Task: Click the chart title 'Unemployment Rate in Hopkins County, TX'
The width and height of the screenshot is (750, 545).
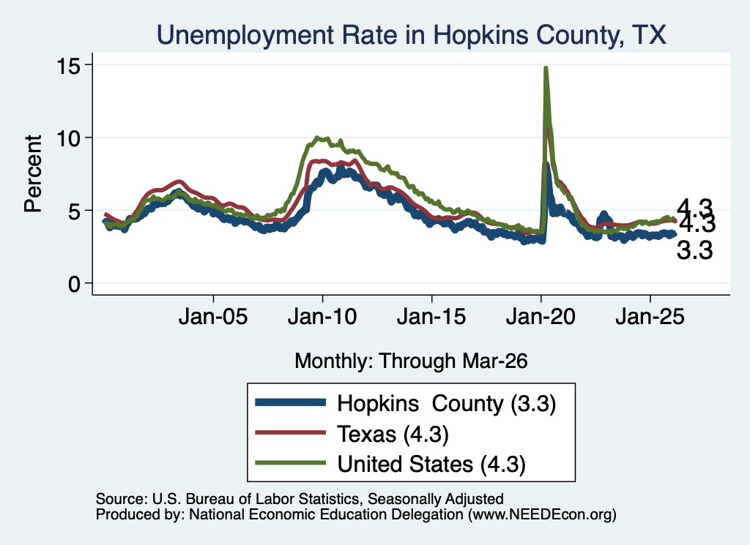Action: [412, 35]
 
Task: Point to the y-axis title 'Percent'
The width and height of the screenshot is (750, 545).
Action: [34, 173]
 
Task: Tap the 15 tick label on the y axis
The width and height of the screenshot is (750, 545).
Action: [67, 65]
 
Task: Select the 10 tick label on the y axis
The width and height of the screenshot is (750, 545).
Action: [67, 138]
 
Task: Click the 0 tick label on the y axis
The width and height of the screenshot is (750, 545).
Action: [74, 284]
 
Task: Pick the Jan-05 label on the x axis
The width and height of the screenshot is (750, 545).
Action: [213, 317]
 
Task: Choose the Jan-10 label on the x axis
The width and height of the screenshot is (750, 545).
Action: [322, 317]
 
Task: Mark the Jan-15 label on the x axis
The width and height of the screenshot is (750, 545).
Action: [431, 317]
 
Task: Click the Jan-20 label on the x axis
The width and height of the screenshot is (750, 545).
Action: [541, 317]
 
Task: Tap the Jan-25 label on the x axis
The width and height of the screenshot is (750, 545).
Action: [650, 317]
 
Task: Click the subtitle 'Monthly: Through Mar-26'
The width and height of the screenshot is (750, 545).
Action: [411, 361]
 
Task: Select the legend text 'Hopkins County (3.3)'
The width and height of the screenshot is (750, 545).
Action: [447, 404]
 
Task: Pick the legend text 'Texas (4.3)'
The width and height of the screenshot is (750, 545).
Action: [393, 435]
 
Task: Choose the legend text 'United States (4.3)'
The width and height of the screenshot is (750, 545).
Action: [431, 465]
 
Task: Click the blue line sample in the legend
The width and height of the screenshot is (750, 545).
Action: [291, 402]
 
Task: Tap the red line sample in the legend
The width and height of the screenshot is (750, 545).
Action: [291, 432]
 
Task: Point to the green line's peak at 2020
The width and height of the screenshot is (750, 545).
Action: [545, 68]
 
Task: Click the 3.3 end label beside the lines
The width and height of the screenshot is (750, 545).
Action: [694, 250]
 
